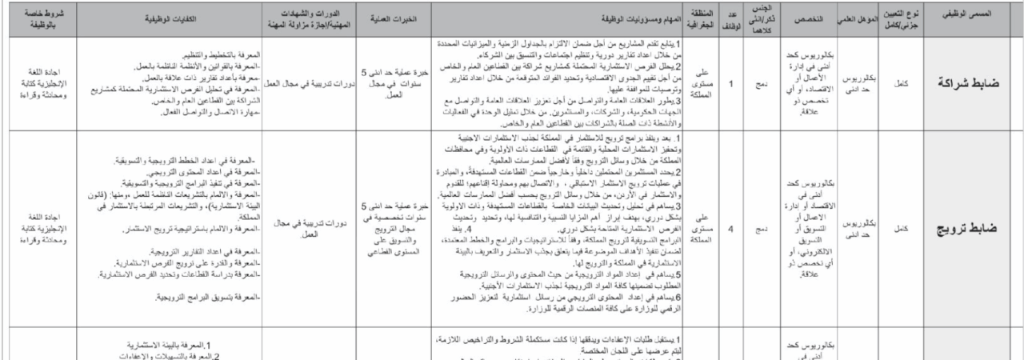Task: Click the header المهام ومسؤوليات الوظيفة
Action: tap(560, 16)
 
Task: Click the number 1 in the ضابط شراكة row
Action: tap(731, 82)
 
